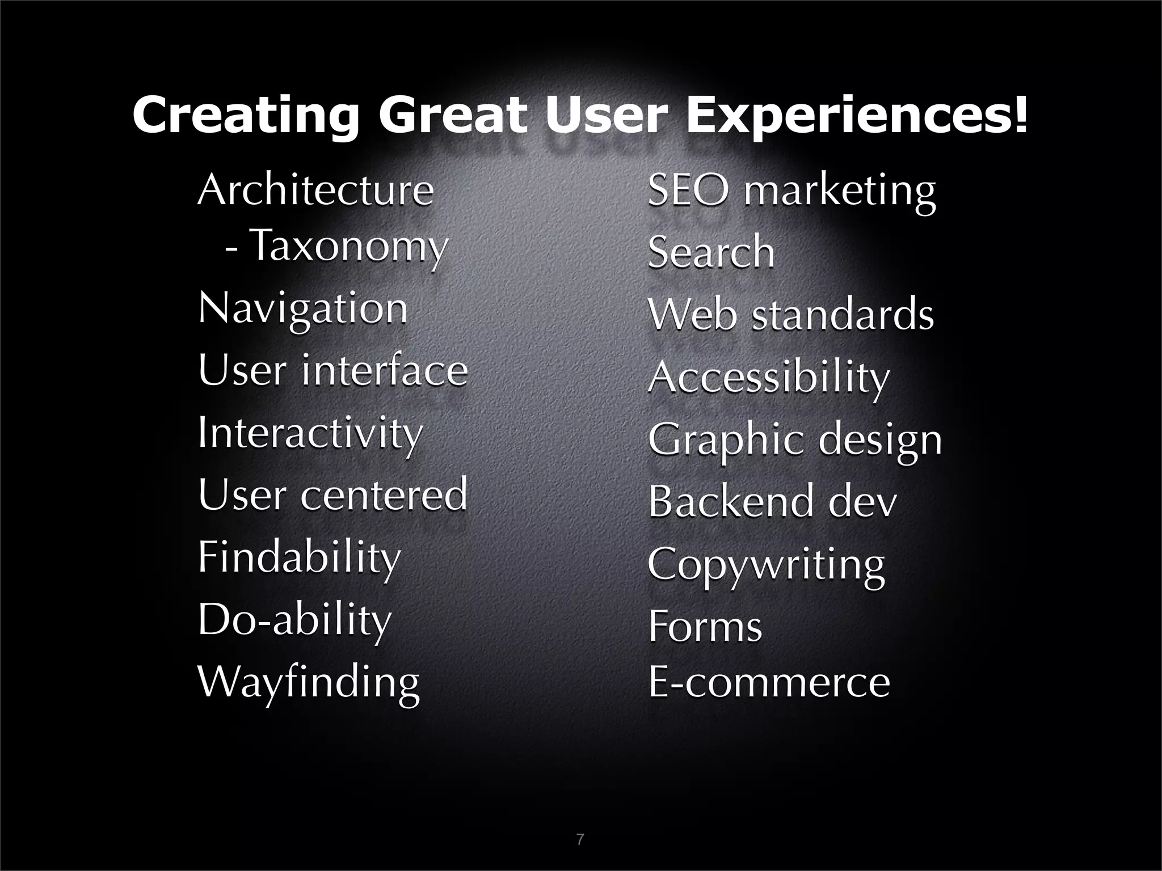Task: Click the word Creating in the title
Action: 246,115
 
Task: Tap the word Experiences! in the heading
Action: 857,115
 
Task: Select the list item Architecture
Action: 315,191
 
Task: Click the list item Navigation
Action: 303,310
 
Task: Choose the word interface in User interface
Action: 384,371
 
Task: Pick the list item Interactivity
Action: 310,433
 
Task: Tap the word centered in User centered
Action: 384,495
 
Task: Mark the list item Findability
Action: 300,557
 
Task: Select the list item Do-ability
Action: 294,620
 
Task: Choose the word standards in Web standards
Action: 843,315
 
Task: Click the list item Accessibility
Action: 769,377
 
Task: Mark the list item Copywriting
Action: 766,565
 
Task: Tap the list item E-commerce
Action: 769,683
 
